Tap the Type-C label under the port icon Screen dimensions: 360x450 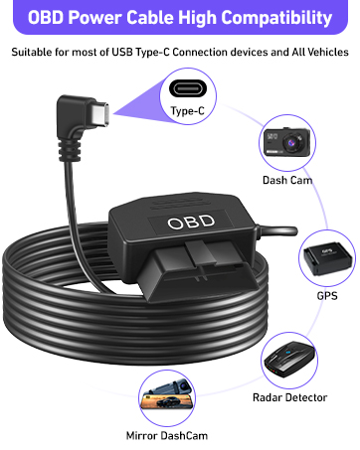coord(187,111)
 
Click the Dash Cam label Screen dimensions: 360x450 coord(289,180)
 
